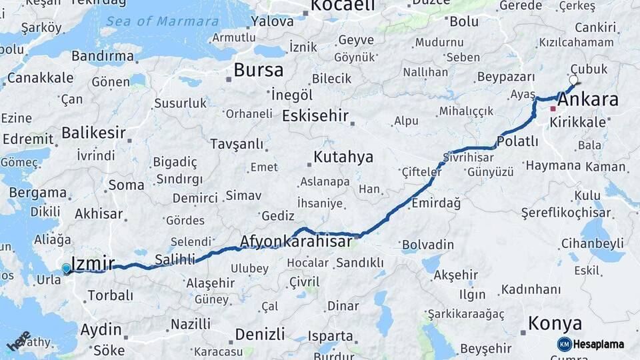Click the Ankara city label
[588, 101]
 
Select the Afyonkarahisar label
[295, 241]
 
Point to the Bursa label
[258, 70]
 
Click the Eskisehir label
[315, 116]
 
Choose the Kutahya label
[343, 157]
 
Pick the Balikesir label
[93, 133]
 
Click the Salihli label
[175, 259]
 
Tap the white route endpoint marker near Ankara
[573, 80]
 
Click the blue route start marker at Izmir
[66, 268]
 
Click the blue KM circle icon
[565, 344]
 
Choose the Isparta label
[330, 335]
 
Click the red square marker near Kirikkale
[553, 108]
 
